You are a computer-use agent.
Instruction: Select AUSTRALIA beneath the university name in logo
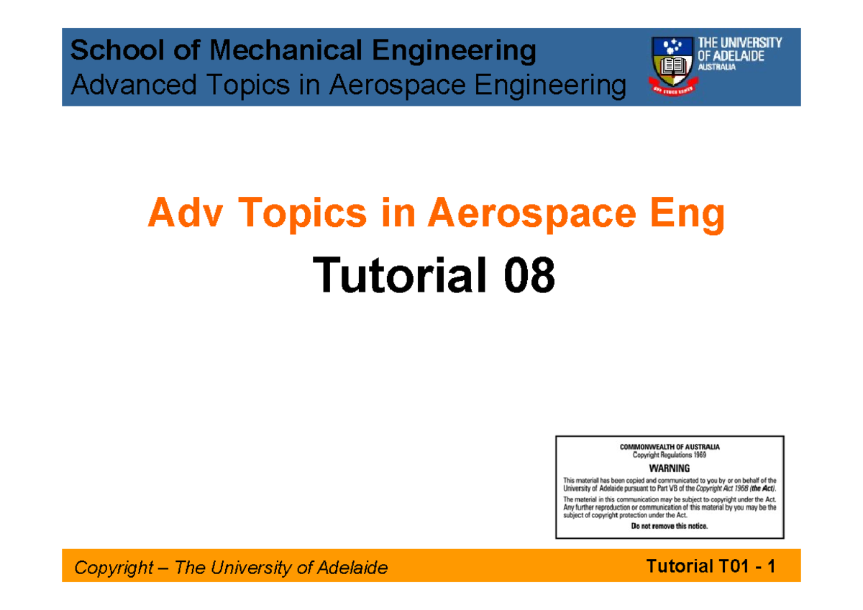(x=717, y=67)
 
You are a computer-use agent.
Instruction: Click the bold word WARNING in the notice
(x=670, y=468)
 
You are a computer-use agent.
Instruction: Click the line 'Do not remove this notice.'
(x=670, y=526)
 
